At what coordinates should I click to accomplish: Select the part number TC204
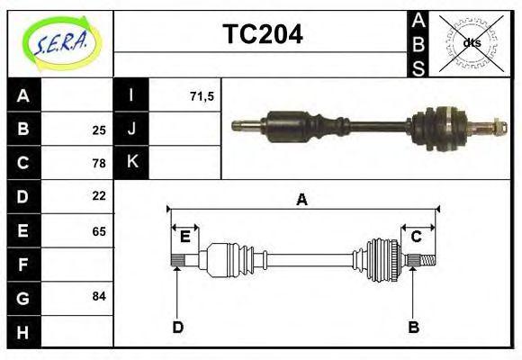(262, 34)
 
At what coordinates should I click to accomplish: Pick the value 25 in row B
(98, 130)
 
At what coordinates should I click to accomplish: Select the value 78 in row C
(98, 163)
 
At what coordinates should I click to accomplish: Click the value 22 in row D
(98, 195)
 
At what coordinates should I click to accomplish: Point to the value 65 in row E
(98, 231)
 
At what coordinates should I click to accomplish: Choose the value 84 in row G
(98, 296)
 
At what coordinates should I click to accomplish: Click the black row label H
(23, 332)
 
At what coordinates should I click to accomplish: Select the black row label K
(131, 162)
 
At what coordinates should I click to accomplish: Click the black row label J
(131, 130)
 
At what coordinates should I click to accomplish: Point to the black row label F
(23, 265)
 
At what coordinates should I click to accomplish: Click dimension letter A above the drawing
(301, 200)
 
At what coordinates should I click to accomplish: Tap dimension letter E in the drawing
(184, 237)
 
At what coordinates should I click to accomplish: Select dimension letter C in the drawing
(417, 237)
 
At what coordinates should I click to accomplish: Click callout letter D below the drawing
(177, 327)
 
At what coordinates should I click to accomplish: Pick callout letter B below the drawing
(414, 327)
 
